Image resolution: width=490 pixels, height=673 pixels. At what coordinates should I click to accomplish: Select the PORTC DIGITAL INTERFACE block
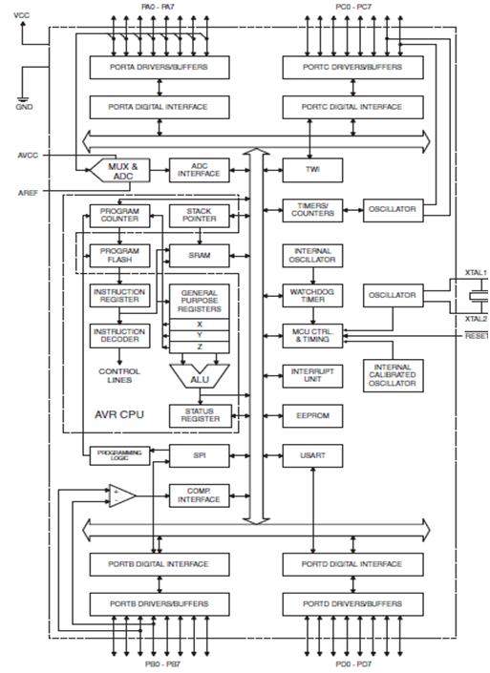click(x=355, y=107)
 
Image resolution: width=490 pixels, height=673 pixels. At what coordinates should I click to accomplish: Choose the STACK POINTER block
click(x=200, y=214)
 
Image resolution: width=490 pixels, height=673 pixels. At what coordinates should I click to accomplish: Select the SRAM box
click(x=200, y=256)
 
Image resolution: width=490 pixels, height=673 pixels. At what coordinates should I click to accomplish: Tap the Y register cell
click(x=200, y=335)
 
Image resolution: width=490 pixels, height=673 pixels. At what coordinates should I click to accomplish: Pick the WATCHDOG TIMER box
click(x=311, y=295)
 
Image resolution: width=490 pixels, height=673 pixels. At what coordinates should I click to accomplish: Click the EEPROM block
click(x=311, y=415)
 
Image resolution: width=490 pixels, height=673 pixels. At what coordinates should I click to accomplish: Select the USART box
click(x=311, y=456)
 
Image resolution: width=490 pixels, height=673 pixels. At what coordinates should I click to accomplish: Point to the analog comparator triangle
click(x=121, y=494)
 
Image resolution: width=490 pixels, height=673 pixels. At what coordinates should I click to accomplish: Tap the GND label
click(x=23, y=107)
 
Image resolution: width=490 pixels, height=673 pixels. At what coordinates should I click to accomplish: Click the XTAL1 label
click(x=475, y=273)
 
